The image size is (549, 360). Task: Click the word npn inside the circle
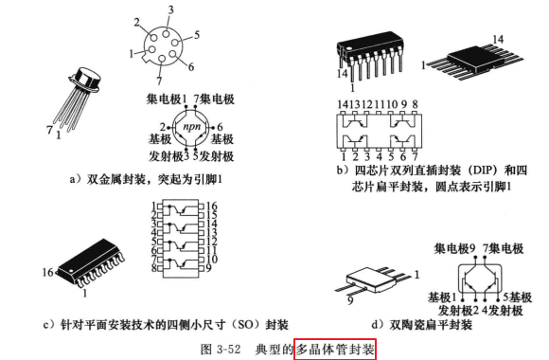(191, 127)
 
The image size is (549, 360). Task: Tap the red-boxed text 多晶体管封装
(335, 350)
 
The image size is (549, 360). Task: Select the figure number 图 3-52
(221, 350)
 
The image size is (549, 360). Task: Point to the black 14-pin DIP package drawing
(370, 57)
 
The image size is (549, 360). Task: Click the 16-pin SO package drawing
(91, 263)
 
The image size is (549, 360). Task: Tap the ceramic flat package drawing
(373, 280)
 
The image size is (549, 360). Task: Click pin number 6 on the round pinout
(191, 66)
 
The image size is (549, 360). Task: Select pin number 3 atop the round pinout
(170, 9)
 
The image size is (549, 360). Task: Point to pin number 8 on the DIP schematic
(415, 104)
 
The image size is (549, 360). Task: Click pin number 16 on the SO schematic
(211, 207)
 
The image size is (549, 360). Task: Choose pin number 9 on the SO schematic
(208, 268)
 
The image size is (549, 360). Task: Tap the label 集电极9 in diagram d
(454, 248)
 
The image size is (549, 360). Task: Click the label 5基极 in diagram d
(517, 297)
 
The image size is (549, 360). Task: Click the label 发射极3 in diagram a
(168, 156)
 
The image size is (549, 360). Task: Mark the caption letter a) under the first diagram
(75, 179)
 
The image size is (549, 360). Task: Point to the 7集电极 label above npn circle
(214, 99)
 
